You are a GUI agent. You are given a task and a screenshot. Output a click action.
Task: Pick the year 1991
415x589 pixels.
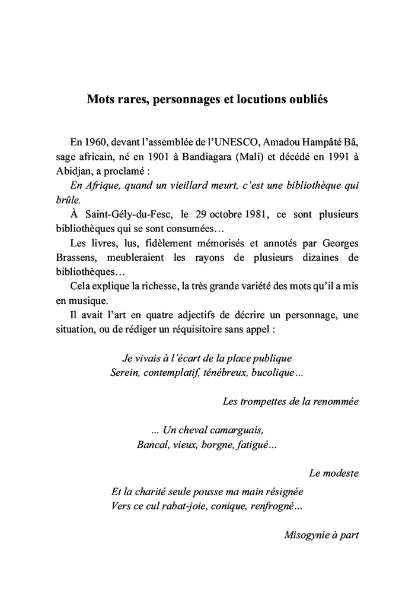(337, 157)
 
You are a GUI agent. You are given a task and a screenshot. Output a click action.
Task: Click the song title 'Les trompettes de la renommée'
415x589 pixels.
(290, 401)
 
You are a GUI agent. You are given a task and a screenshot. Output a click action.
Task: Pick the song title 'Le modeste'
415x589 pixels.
(334, 473)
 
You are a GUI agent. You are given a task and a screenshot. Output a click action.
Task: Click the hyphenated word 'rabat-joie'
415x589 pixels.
(190, 506)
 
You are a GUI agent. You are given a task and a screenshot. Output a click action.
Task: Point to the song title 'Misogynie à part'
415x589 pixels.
(321, 534)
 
